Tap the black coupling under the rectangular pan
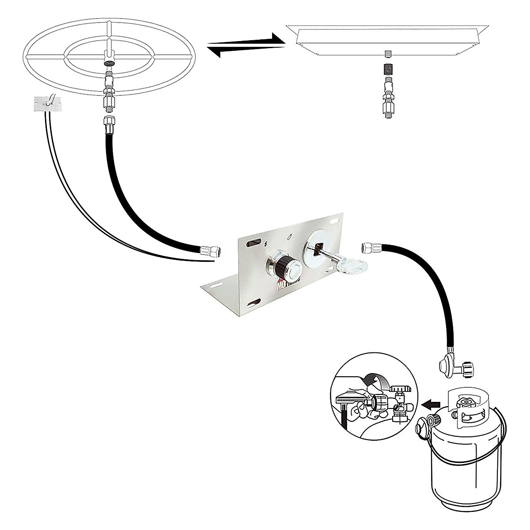387,70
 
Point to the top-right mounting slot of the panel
338,218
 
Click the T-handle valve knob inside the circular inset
403,388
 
